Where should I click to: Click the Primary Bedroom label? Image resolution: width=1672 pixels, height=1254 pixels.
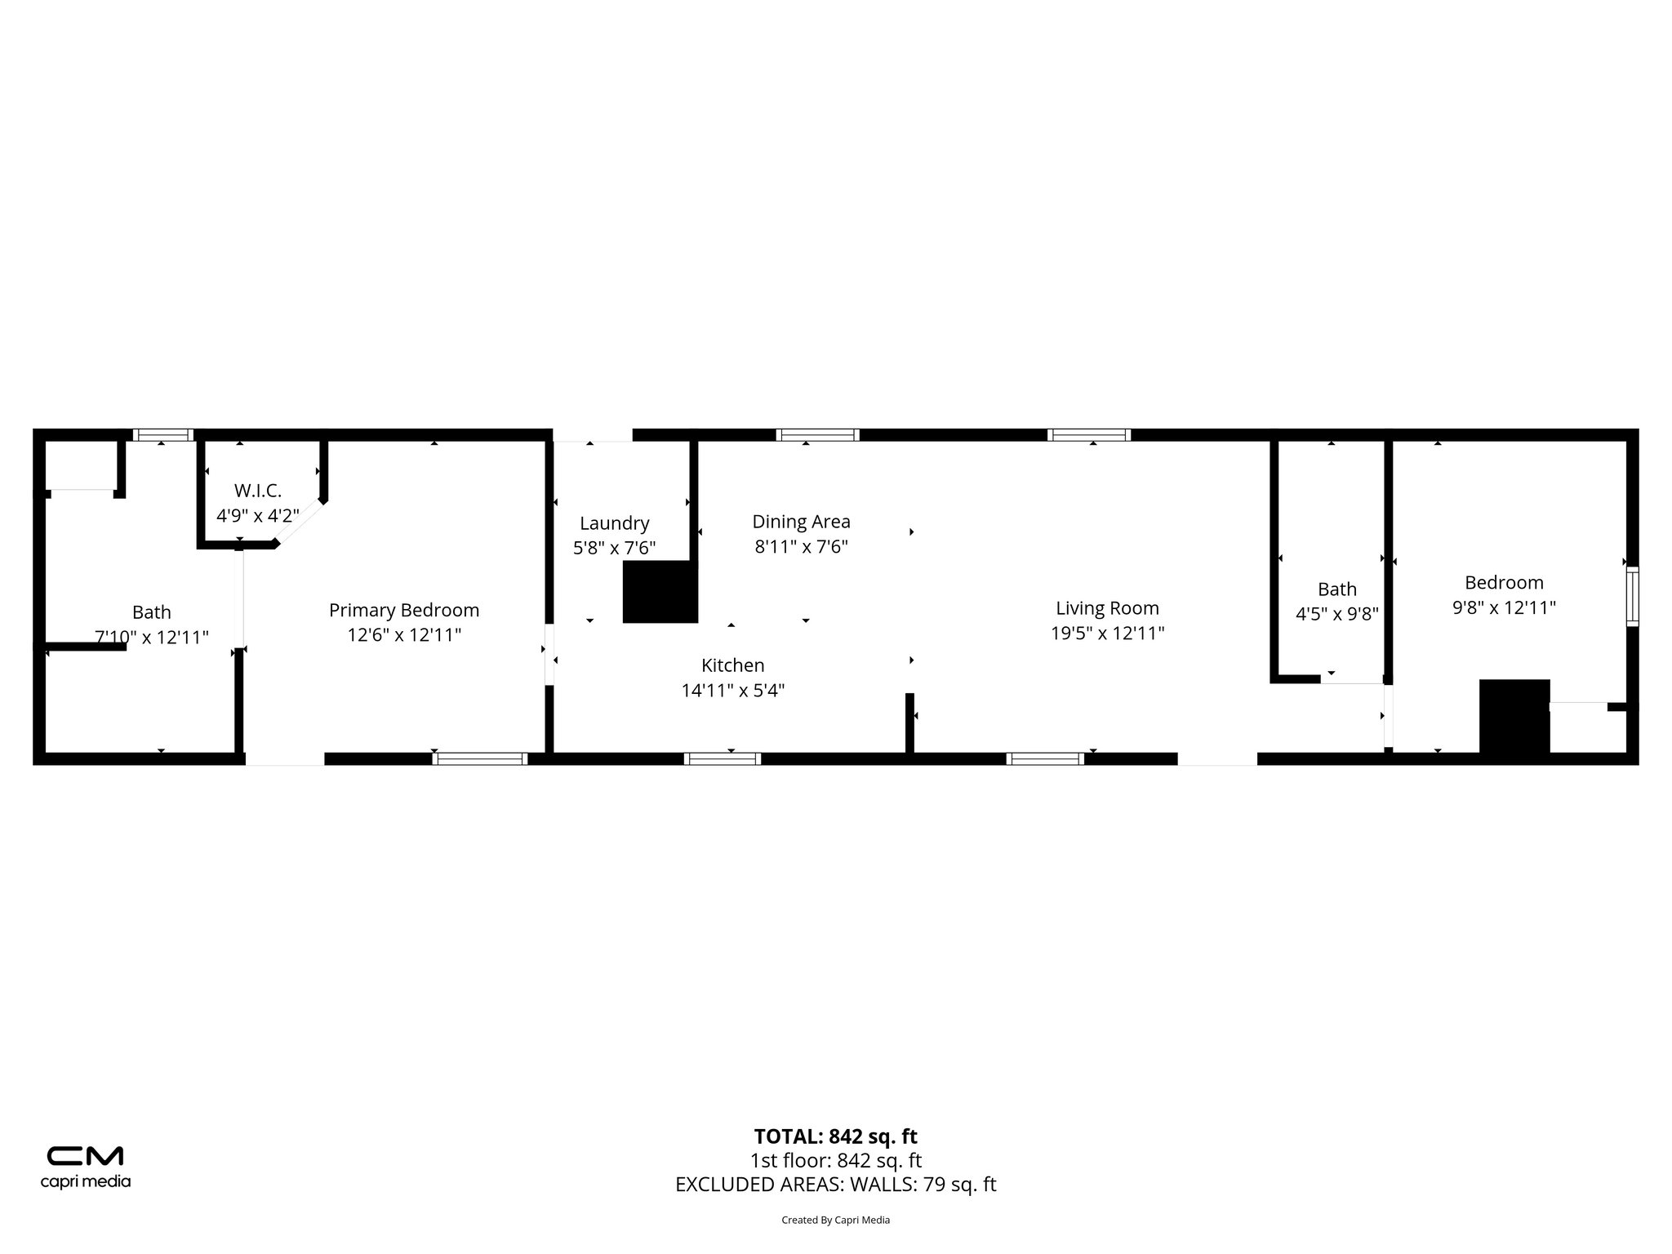404,610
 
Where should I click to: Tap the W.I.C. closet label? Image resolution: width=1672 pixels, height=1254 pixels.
258,491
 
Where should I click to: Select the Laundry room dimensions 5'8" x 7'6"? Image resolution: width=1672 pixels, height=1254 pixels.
614,548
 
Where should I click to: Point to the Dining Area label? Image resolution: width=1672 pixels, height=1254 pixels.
801,521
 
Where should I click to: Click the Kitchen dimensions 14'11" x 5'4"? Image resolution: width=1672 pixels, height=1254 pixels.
733,691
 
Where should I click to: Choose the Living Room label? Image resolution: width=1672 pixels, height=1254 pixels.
1107,607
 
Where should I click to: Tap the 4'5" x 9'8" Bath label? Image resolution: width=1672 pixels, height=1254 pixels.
1337,614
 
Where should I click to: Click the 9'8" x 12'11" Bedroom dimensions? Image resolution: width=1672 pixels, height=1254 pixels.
1504,607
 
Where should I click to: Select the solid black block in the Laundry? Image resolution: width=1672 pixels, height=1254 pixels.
660,592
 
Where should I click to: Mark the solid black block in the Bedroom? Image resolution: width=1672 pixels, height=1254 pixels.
1514,716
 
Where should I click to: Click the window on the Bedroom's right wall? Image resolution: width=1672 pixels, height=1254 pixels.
1632,597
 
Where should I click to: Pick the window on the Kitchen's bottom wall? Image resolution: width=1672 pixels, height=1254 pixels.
723,758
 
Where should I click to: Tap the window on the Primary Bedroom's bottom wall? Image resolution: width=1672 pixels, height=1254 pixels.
480,758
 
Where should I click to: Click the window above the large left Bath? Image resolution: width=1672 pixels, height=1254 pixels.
163,435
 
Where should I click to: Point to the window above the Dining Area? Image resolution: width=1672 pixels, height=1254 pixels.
817,435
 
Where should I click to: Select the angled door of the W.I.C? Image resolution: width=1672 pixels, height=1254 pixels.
299,522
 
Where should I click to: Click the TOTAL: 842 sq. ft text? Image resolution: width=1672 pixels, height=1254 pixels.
835,1136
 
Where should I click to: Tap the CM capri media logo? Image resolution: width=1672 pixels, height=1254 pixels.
86,1167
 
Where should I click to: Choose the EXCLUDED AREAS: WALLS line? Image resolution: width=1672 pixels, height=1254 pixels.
835,1185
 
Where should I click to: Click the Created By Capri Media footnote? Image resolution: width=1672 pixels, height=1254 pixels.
835,1221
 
